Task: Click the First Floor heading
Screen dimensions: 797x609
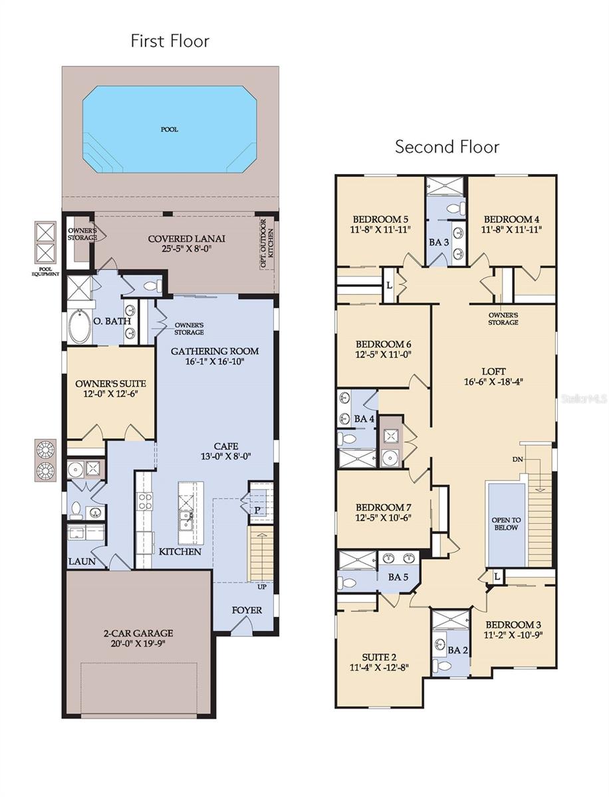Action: [x=170, y=41]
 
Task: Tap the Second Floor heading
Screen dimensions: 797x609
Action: [x=447, y=146]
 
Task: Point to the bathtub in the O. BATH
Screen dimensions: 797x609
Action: [x=80, y=326]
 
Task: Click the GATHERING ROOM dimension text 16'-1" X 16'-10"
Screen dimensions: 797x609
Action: [x=214, y=363]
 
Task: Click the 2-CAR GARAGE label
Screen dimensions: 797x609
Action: [x=134, y=633]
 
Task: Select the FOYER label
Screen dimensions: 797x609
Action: [x=247, y=610]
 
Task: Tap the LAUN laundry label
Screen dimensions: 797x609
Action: [x=82, y=561]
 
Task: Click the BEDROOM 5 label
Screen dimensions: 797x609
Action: [x=380, y=219]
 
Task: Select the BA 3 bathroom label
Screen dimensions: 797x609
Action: [x=439, y=242]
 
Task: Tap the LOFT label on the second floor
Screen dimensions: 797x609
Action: [x=493, y=371]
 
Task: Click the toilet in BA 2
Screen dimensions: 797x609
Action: [x=441, y=665]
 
